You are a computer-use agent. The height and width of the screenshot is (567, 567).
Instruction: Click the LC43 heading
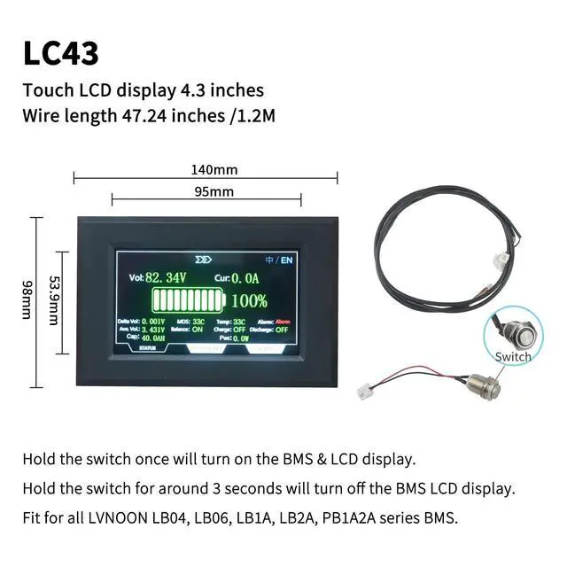60,52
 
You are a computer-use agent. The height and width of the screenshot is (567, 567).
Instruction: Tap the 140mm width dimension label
214,170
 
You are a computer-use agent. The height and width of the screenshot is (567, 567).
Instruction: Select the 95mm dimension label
214,191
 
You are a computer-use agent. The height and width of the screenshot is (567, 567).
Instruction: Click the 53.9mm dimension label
54,302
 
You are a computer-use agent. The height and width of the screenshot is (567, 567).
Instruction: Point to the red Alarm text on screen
283,321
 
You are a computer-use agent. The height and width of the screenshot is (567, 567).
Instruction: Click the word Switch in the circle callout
514,356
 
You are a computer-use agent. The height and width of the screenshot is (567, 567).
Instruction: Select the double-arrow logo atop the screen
205,260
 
